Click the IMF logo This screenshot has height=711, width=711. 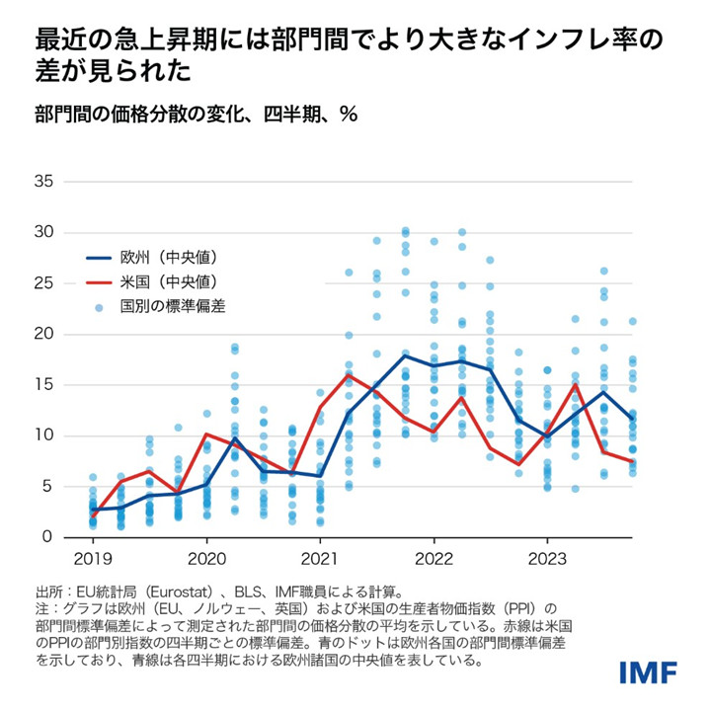[648, 672]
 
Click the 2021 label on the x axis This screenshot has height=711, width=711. [320, 559]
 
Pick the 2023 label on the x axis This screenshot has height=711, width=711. [547, 559]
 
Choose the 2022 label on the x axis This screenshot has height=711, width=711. [434, 559]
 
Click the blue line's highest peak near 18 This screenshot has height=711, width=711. [405, 355]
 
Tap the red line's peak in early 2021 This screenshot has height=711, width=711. [349, 374]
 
